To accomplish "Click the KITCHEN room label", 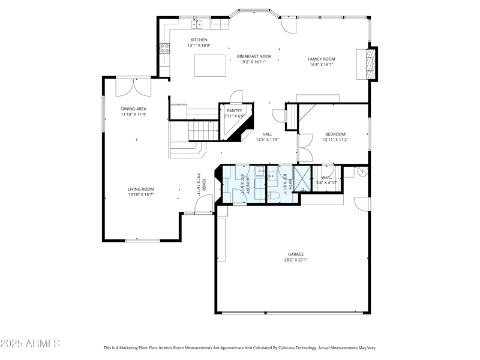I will [x=199, y=40].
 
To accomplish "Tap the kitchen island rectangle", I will [x=210, y=65].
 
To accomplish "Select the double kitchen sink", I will [x=197, y=24].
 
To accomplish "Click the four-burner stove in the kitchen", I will [x=164, y=49].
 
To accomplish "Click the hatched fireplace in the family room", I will [x=373, y=62].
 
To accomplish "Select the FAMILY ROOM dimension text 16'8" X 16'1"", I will [x=322, y=65].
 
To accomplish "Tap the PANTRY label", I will [x=234, y=111].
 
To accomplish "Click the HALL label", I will [x=268, y=134].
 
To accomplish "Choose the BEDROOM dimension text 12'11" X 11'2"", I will [x=335, y=140].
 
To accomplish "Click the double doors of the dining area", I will [x=134, y=86].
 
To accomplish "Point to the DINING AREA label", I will [x=134, y=109].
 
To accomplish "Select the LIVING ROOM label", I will [x=141, y=189].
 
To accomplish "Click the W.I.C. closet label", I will [x=327, y=177].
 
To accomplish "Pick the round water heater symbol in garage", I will [x=362, y=172].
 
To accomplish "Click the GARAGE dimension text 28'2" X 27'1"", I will [x=296, y=260].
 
